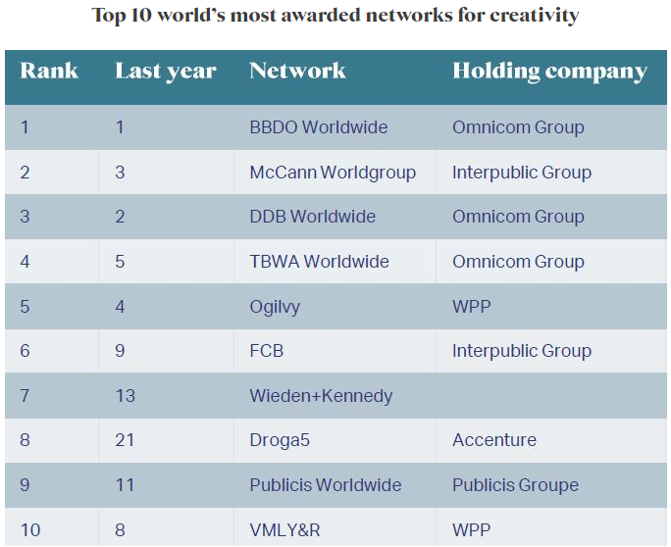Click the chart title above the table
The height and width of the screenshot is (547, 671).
point(335,16)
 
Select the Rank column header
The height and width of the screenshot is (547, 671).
point(49,72)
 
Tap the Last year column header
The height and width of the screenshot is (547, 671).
point(165,72)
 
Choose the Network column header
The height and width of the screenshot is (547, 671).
point(297,72)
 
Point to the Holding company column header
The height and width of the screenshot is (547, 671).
point(549,72)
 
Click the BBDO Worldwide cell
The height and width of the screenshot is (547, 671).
point(318,127)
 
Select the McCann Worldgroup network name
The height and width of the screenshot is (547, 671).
point(333,173)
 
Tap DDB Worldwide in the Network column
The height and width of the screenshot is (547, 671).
point(312,217)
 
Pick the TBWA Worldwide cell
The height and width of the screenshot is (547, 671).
point(319,262)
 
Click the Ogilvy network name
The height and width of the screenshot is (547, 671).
point(275,307)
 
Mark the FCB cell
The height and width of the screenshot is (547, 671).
point(266,351)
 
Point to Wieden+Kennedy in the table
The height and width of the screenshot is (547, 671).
point(321,396)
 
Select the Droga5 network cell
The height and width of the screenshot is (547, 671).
point(280,440)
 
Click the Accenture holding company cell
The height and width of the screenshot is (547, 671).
point(494,440)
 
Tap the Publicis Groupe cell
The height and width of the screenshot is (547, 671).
point(515,485)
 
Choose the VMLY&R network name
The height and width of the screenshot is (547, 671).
point(285,530)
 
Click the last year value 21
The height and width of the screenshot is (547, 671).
point(125,440)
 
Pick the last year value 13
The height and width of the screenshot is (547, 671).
point(125,396)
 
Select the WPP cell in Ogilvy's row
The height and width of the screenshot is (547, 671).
point(471,307)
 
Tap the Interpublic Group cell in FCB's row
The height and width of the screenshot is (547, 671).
point(521,351)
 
